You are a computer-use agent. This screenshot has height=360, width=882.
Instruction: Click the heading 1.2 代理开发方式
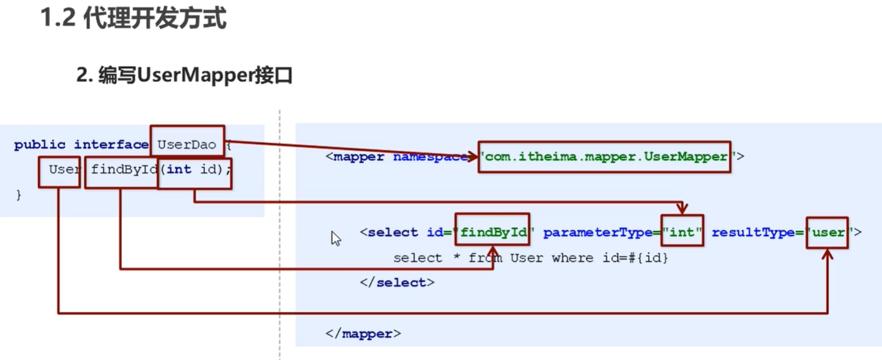click(x=134, y=19)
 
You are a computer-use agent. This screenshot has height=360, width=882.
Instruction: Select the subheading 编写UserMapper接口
click(x=184, y=76)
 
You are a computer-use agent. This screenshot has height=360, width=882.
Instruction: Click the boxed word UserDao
click(x=187, y=145)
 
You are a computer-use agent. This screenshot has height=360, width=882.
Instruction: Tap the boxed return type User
click(x=59, y=170)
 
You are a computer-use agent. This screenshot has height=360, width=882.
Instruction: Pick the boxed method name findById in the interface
click(x=121, y=170)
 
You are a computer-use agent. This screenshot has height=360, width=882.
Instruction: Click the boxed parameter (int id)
click(x=196, y=170)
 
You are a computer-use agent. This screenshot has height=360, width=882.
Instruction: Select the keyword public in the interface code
click(x=41, y=145)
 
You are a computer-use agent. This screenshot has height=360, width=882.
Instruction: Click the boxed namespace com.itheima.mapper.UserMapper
click(x=604, y=156)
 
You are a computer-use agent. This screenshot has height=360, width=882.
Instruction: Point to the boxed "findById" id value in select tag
click(x=493, y=232)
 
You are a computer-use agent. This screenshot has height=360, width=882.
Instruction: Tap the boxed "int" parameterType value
click(x=682, y=232)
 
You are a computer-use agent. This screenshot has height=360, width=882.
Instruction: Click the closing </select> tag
click(x=397, y=283)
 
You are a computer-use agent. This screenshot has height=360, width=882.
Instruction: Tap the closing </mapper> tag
click(x=363, y=333)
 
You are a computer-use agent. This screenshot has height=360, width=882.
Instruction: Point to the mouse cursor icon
click(x=336, y=238)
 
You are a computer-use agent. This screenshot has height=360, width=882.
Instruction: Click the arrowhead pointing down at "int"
click(x=682, y=209)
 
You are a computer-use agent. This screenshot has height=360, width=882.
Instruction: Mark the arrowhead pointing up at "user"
click(x=828, y=254)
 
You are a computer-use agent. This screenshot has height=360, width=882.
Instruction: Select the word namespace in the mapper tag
click(x=430, y=156)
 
